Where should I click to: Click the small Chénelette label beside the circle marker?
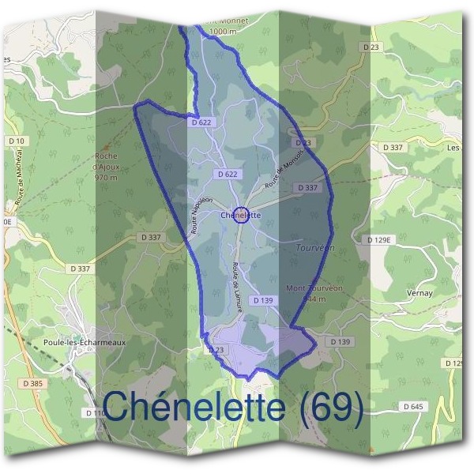(240, 214)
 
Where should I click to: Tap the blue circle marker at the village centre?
(243, 215)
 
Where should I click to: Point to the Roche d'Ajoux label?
(105, 161)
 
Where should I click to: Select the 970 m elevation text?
(105, 178)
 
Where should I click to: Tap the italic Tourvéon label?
(314, 247)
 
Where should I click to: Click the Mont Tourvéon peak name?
(314, 288)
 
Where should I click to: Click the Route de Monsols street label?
(284, 165)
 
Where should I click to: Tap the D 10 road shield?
(17, 141)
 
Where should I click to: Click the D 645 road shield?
(413, 406)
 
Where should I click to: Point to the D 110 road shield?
(92, 412)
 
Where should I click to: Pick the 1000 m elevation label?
(224, 31)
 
